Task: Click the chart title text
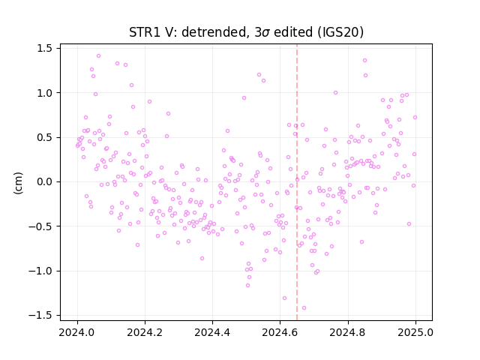246,32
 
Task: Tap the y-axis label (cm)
18,183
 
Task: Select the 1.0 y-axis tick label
45,93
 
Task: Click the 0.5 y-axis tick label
45,137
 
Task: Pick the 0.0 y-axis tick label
45,181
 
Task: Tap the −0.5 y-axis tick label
40,226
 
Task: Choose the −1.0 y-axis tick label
40,271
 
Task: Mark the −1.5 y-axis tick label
40,315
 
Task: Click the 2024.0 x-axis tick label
77,332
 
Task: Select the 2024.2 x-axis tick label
145,332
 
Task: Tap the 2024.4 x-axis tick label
212,332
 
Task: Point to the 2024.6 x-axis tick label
280,332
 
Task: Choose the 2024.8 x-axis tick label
347,332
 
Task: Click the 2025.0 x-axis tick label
415,332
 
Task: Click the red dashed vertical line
297,182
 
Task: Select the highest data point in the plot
98,55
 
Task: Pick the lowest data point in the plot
304,308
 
